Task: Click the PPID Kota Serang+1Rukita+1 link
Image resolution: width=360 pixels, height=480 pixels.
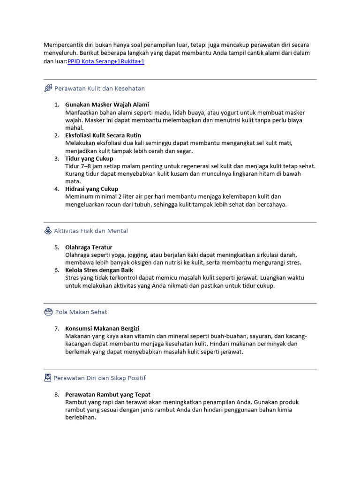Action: [x=106, y=61]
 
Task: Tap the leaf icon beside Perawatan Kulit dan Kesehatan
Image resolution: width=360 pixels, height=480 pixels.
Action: [x=48, y=88]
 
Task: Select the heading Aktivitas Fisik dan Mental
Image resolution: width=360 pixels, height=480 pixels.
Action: [x=91, y=231]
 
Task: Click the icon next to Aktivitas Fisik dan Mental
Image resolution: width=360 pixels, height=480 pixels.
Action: [x=48, y=231]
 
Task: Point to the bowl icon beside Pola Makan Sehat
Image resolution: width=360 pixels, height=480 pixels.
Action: [x=48, y=312]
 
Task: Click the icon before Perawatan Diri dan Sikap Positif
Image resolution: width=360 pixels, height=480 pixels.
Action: [x=48, y=378]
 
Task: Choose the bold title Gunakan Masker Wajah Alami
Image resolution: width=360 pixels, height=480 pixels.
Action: [x=107, y=105]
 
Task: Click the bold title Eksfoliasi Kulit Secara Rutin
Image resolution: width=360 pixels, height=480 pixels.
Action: [x=103, y=135]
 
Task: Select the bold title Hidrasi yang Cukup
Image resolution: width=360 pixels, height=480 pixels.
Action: [x=91, y=189]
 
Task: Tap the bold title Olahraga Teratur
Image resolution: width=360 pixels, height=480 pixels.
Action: [x=89, y=247]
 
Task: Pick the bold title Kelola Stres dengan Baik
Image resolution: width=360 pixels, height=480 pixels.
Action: [x=99, y=270]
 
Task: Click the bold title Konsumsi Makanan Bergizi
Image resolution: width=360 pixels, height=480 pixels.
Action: [x=102, y=329]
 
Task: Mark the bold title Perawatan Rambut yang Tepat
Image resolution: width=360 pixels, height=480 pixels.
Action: [x=108, y=395]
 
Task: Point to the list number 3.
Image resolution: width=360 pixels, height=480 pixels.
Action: [x=56, y=158]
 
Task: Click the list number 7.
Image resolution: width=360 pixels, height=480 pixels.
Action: [x=56, y=329]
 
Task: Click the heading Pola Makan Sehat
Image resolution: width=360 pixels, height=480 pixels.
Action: [x=81, y=312]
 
